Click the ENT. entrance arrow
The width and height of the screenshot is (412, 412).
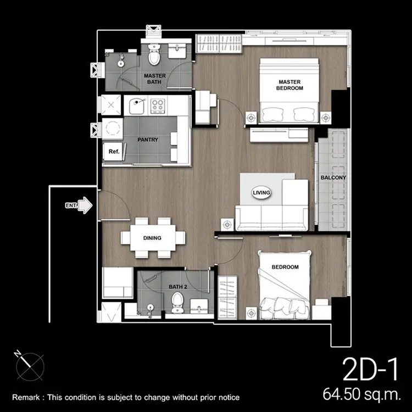click(86, 205)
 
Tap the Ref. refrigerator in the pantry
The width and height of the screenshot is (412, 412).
click(114, 152)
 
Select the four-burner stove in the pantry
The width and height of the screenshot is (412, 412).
click(158, 105)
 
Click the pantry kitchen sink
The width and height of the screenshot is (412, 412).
click(137, 105)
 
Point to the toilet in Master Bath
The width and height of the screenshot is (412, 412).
click(154, 54)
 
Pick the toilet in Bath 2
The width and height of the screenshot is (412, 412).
click(177, 303)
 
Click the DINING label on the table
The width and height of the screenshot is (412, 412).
click(152, 238)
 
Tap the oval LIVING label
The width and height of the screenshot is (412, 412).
click(261, 193)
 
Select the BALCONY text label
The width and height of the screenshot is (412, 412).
click(333, 177)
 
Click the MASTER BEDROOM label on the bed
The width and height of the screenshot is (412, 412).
click(289, 85)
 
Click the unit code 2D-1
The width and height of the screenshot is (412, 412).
click(370, 370)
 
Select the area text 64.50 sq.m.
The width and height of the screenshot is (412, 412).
click(362, 394)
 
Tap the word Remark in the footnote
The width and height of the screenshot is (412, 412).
click(26, 397)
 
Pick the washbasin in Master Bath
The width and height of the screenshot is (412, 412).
click(177, 51)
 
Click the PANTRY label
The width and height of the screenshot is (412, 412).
click(148, 140)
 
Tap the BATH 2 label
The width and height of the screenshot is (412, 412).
click(178, 287)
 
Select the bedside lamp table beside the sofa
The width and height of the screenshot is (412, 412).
click(227, 225)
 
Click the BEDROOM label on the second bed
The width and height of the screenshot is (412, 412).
click(285, 267)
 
